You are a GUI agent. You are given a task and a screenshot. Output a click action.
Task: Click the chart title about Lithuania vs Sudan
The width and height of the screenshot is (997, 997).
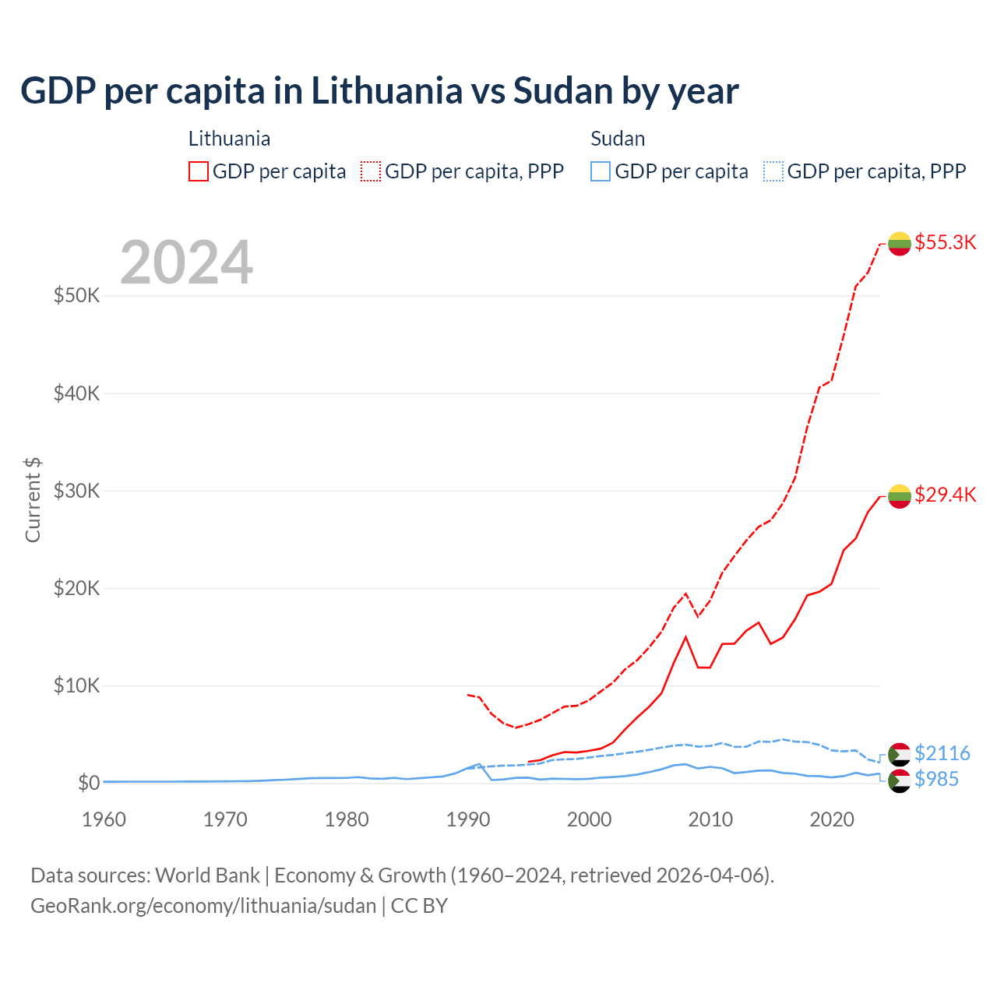coord(379,91)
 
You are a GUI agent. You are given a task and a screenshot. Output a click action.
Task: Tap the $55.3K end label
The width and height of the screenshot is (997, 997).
coord(945,242)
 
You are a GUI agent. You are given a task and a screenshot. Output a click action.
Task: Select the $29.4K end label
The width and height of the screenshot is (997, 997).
coord(945,495)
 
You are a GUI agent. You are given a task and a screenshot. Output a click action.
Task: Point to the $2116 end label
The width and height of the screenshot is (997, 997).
coord(942,753)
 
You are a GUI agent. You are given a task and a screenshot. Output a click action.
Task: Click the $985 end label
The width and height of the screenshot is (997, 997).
coord(936,779)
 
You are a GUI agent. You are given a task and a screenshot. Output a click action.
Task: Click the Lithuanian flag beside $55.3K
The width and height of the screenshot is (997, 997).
coord(900,243)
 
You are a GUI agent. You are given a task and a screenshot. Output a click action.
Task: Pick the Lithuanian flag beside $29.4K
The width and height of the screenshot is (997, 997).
coord(900,495)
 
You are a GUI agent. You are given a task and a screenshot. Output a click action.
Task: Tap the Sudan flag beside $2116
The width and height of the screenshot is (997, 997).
coord(900,754)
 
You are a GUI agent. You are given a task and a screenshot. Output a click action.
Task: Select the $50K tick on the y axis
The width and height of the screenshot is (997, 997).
coord(76,296)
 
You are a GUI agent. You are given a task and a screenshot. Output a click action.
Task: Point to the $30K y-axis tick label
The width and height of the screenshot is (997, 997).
coord(76,491)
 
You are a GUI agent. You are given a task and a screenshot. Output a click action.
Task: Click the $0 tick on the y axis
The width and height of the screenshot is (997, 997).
coord(89,783)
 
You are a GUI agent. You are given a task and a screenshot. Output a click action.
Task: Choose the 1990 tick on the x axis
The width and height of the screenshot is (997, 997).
coord(468,819)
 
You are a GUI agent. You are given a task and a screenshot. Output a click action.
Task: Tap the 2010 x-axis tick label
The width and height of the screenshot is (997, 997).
coord(710,819)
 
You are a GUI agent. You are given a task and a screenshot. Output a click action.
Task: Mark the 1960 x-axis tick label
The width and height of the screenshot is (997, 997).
coord(104,819)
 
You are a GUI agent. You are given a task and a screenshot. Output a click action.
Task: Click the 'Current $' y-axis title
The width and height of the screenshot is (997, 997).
coord(33,500)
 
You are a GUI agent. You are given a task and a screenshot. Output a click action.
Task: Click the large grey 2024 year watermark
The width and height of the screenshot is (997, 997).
coord(186,262)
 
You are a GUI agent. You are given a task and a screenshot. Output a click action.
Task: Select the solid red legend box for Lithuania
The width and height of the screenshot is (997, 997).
coord(199,171)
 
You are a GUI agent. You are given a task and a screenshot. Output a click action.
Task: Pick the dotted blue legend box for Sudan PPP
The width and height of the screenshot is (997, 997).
coord(773,171)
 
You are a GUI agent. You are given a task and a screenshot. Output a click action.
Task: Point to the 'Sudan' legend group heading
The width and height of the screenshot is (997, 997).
coord(618,139)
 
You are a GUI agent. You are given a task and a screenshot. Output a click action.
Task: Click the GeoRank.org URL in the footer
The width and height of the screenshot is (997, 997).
coord(203,906)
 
